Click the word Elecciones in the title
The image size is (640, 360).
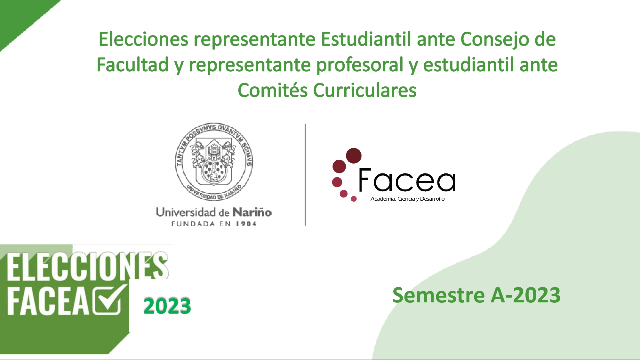[x=143, y=39]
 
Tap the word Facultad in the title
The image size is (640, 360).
[x=133, y=65]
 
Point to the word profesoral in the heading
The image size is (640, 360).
[x=360, y=65]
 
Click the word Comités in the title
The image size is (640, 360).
[x=273, y=90]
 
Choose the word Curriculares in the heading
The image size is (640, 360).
[x=365, y=90]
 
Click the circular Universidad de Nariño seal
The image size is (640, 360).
[x=214, y=162]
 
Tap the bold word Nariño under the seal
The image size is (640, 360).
[x=252, y=212]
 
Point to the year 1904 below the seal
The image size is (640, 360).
[x=246, y=224]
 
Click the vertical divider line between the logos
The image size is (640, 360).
[x=305, y=175]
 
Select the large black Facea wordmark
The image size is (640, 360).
[x=407, y=180]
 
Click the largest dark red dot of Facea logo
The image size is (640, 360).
[x=354, y=156]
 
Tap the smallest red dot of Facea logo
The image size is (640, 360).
[x=354, y=199]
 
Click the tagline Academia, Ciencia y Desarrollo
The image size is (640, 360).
[x=407, y=199]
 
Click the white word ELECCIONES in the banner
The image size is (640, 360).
[x=87, y=266]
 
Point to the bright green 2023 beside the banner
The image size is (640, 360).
[x=167, y=306]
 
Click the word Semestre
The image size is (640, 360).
[x=439, y=295]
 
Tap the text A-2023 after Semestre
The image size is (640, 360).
[x=526, y=295]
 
